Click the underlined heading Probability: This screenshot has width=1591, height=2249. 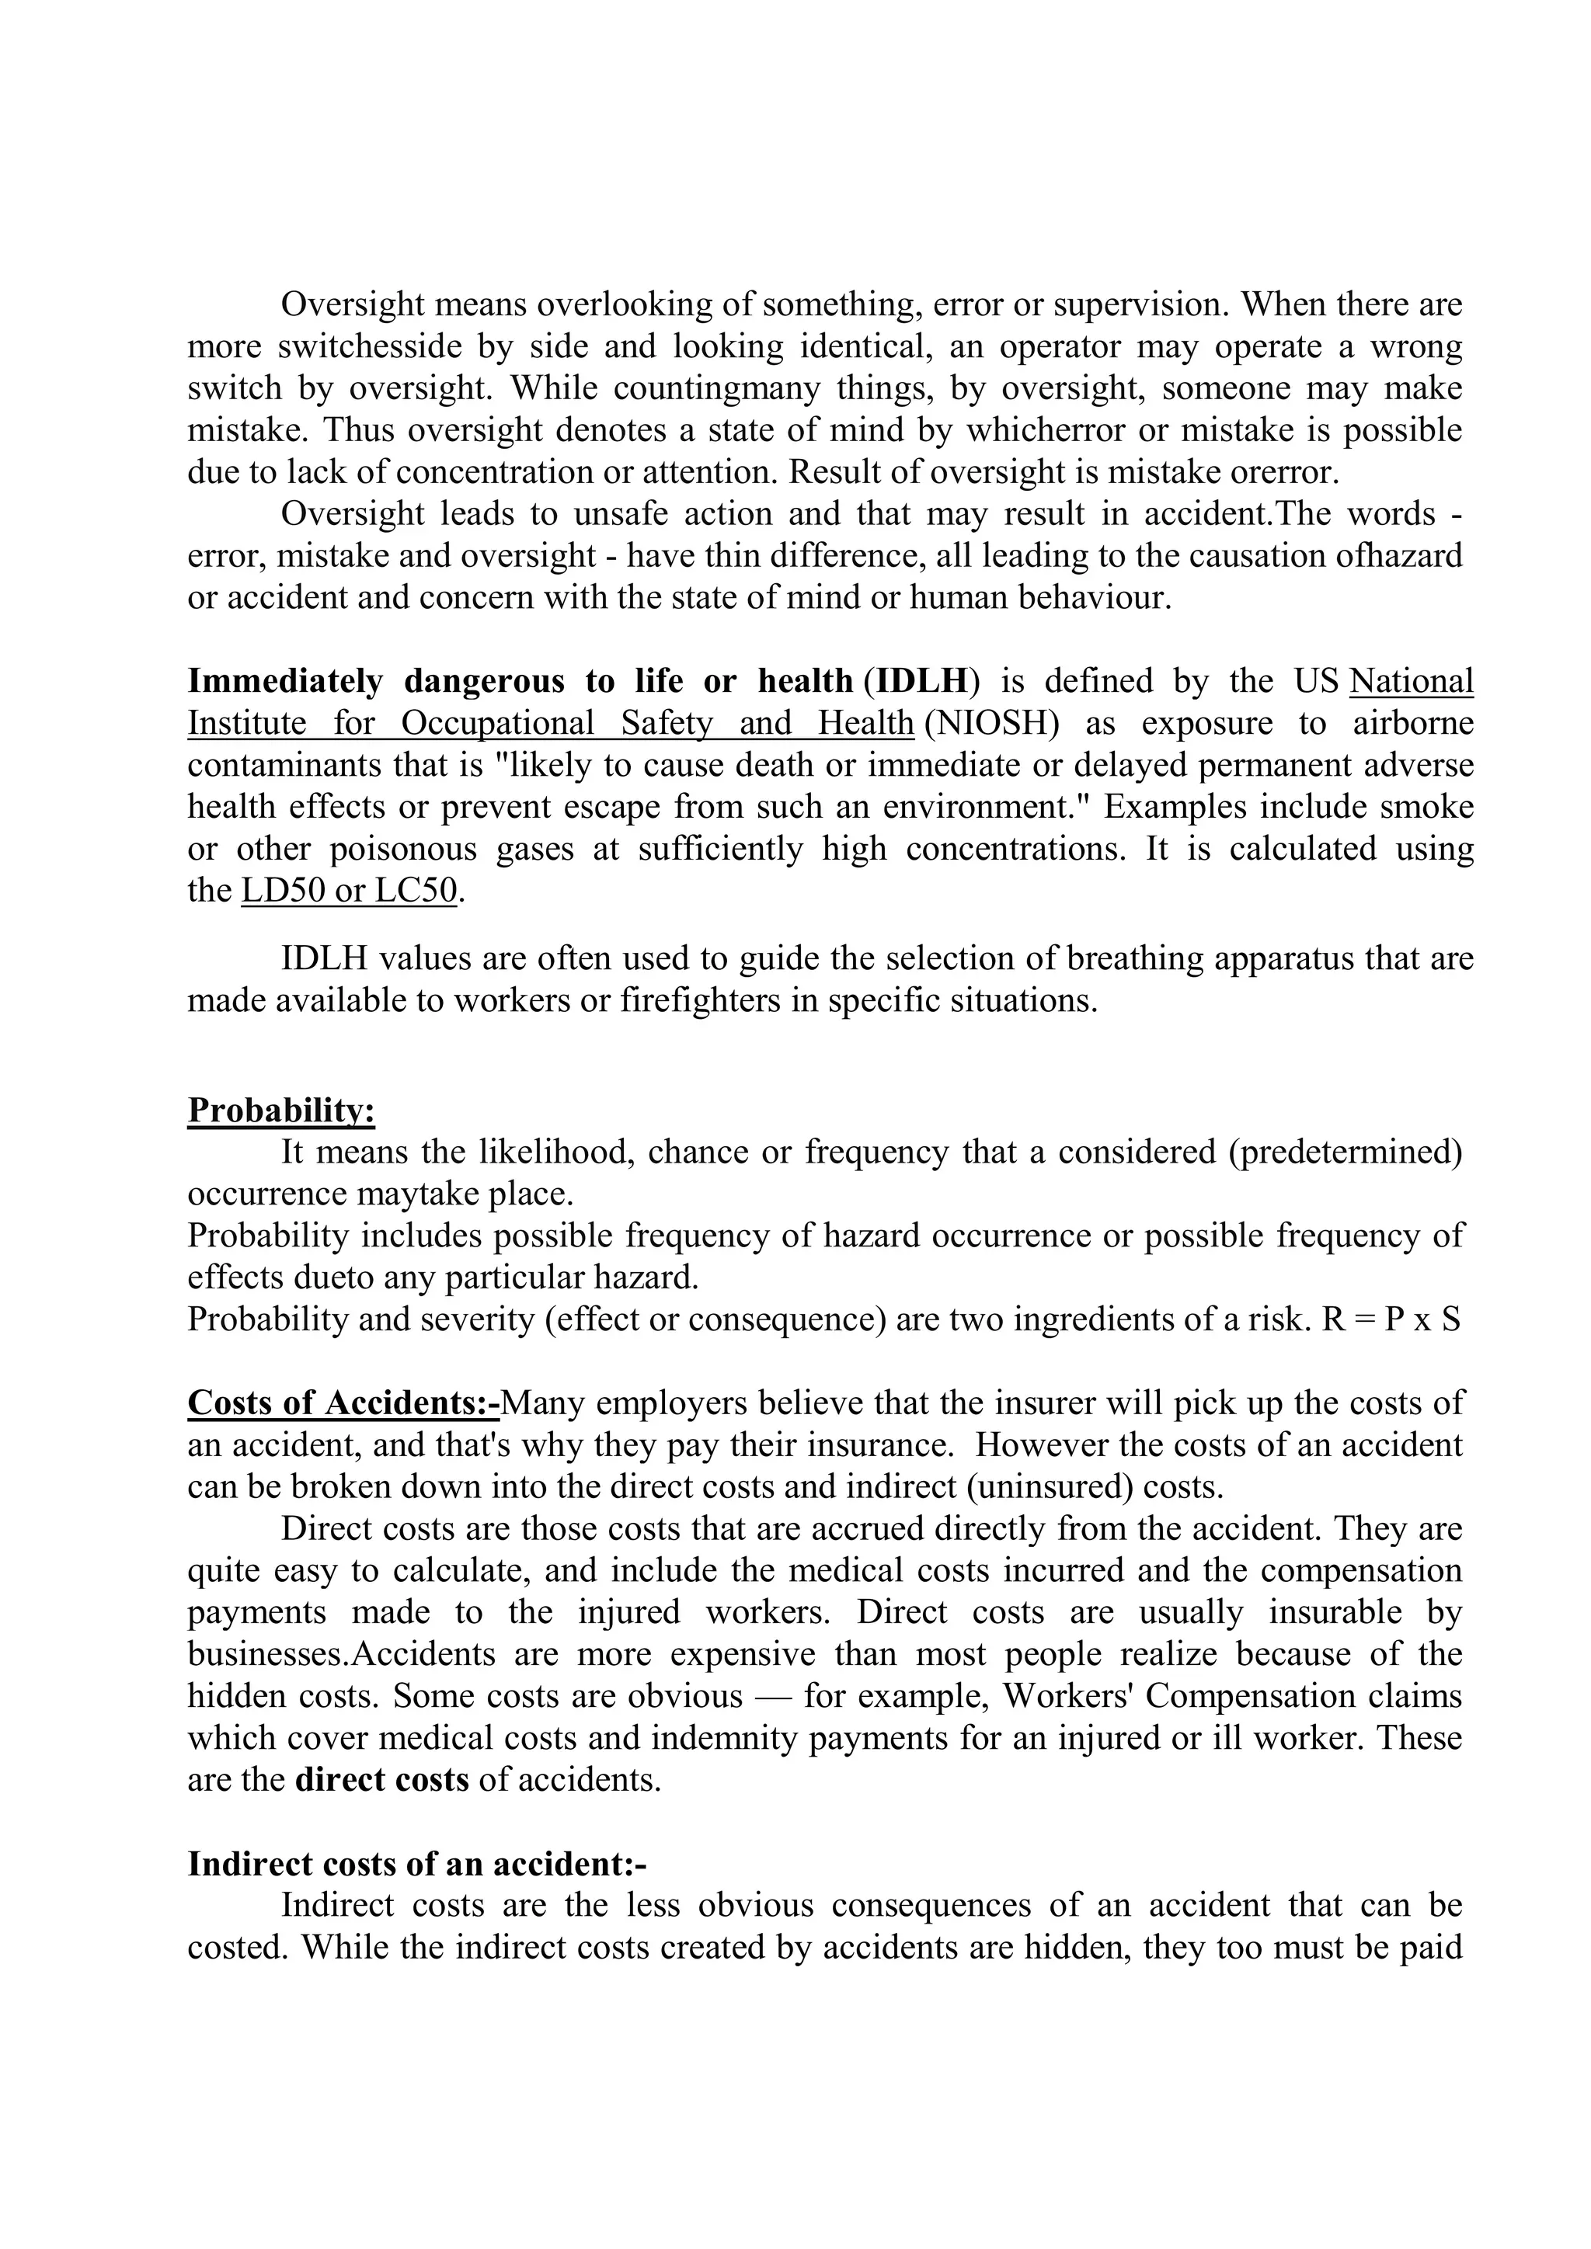(281, 1110)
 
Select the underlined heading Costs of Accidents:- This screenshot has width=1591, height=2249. (343, 1403)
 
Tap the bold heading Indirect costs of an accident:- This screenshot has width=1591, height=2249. (416, 1863)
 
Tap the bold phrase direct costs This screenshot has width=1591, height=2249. (382, 1779)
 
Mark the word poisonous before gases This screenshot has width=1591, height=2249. (404, 848)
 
